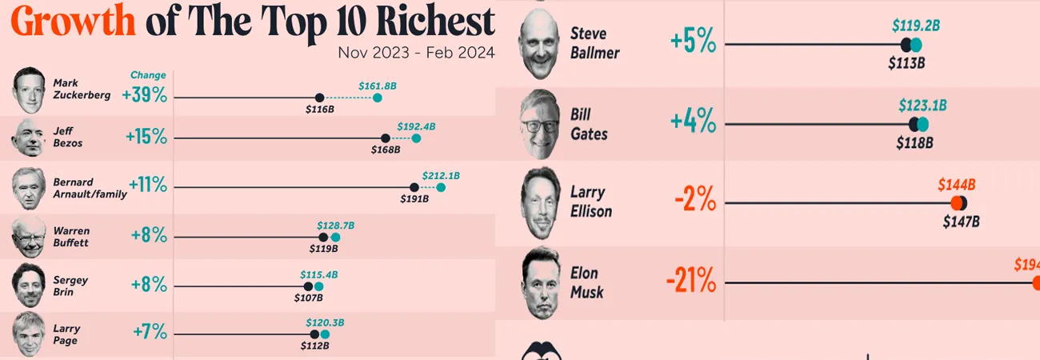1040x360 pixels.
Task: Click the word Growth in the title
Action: (x=74, y=22)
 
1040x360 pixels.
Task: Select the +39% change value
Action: (x=145, y=95)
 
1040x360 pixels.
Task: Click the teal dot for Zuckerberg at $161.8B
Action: (x=378, y=98)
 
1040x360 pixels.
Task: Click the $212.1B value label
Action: (x=441, y=175)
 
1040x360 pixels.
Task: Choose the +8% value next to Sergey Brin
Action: (x=149, y=285)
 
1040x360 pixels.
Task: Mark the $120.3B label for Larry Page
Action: (x=325, y=322)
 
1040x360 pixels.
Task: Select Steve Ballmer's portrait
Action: (x=537, y=44)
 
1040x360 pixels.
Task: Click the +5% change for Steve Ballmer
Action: (x=693, y=42)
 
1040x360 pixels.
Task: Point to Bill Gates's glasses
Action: (x=538, y=126)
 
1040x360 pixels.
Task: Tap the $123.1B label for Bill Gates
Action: (x=922, y=106)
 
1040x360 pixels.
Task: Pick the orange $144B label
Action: (x=957, y=185)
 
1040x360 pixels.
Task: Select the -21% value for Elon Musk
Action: (x=690, y=282)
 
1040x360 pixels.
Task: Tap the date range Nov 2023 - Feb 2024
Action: (x=416, y=53)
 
